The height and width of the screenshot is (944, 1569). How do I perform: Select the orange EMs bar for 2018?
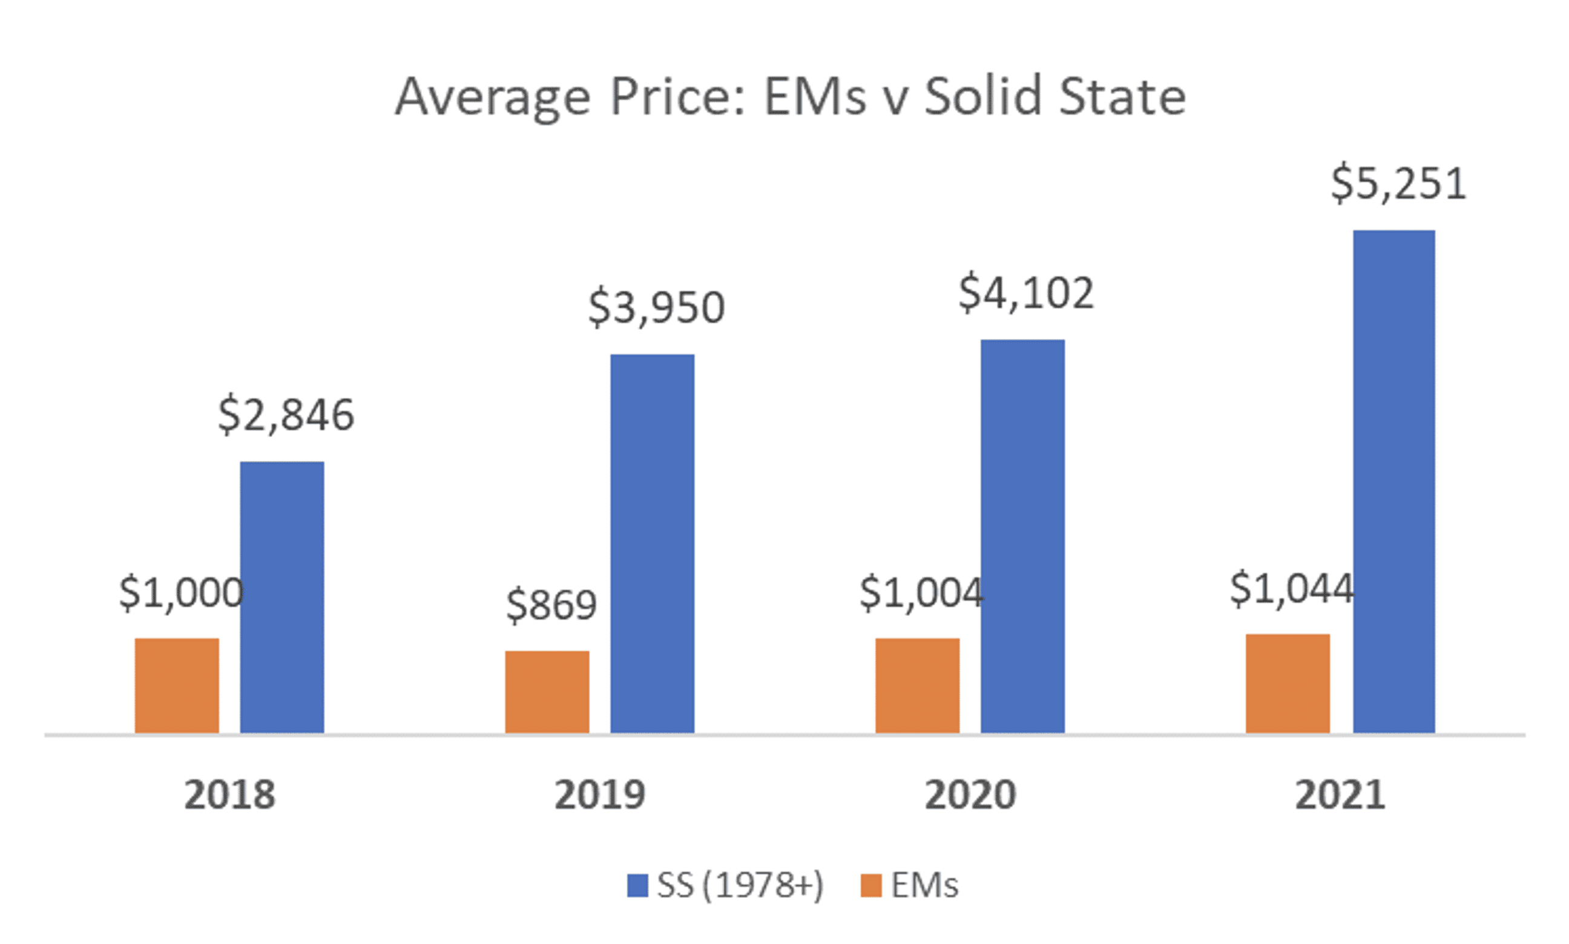coord(177,685)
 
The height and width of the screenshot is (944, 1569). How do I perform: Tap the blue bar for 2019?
coord(652,543)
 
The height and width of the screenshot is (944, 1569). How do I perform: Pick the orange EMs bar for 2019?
coord(547,692)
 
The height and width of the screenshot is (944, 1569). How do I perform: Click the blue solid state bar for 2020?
coord(1022,536)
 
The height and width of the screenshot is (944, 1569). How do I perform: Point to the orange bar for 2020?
coord(917,685)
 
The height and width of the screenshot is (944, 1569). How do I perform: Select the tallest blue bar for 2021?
coord(1393,482)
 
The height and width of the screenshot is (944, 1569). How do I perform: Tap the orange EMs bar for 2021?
coord(1288,683)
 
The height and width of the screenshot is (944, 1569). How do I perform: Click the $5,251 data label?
coord(1398,183)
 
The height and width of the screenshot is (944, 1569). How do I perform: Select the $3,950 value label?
coord(656,307)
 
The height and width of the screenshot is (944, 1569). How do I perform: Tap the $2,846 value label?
coord(286,415)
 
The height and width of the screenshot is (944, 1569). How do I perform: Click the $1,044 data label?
coord(1292,588)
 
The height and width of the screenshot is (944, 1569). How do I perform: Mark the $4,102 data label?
coord(1025,293)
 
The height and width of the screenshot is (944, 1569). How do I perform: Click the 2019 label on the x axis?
coord(599,795)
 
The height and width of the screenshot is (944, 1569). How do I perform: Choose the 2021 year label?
coord(1340,795)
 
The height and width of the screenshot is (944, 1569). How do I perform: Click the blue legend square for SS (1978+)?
coord(637,885)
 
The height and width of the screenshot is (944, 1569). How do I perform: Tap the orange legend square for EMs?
coord(870,885)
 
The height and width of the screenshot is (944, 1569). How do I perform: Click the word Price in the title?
coord(677,97)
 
